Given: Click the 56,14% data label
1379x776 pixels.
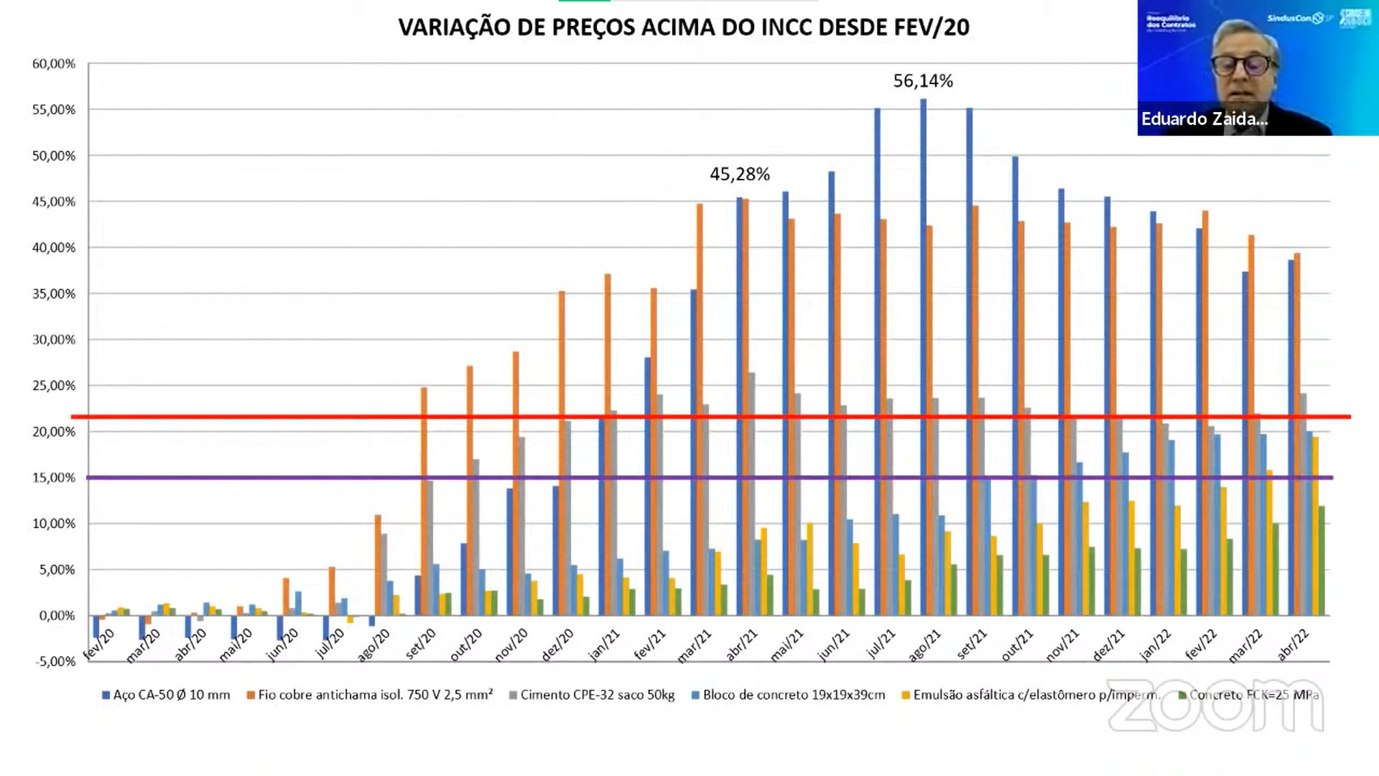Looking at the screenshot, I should [x=923, y=81].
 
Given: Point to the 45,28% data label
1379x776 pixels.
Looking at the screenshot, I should [x=740, y=175].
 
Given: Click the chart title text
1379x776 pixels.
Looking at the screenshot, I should [x=684, y=27].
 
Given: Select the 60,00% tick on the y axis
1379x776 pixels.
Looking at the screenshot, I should [x=54, y=64].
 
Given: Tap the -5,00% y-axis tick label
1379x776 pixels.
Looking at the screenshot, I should [x=55, y=662].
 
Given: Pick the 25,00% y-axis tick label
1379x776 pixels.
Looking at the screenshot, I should [x=54, y=386].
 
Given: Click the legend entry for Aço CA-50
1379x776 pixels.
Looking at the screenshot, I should [x=166, y=695].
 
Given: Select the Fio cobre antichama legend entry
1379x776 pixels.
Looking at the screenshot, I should [x=370, y=695].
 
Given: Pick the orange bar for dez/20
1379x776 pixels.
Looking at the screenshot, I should [x=562, y=453].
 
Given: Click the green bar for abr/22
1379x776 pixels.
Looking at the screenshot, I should [x=1322, y=560].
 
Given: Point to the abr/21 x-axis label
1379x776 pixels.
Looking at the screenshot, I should [x=742, y=645].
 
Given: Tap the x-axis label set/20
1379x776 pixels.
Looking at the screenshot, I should [x=421, y=645].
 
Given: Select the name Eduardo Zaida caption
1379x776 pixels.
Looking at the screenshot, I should [x=1204, y=119].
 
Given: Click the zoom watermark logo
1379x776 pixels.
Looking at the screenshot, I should [x=1215, y=706].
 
